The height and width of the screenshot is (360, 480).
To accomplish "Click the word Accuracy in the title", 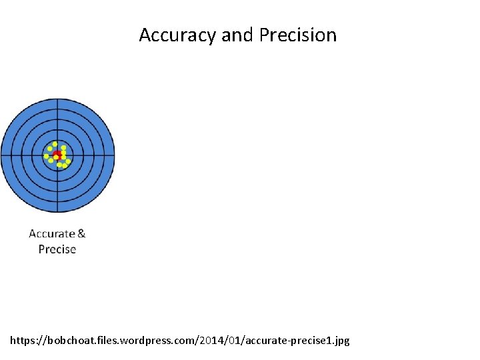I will point(177,35).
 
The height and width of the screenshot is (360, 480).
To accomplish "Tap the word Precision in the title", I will point(297,35).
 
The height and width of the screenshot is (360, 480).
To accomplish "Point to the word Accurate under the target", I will point(52,233).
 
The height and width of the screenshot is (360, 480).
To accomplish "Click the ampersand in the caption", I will point(81,233).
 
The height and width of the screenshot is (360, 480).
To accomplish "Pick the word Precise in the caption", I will point(57,249).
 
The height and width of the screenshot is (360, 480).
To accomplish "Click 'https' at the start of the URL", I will point(23,341).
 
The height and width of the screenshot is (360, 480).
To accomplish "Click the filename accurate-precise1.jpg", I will point(297,341).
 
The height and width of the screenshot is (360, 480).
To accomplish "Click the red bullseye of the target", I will point(57,155).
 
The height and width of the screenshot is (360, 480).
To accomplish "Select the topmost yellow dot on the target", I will point(55,144).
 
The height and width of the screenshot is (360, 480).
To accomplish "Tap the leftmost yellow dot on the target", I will point(47,157).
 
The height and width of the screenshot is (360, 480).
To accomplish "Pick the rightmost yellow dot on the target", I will point(68,161).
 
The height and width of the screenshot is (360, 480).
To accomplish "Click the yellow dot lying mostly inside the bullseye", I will point(56,157).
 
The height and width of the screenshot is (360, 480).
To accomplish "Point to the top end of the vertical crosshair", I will point(57,99).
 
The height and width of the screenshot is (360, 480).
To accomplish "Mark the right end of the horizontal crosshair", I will point(114,155).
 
